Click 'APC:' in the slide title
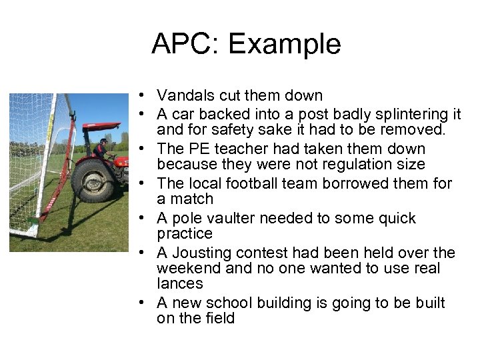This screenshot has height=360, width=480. coord(185,44)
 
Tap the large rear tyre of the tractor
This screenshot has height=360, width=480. coord(93,180)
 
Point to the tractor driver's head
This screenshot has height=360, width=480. coord(104,141)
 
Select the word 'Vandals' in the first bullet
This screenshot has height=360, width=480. coord(185,96)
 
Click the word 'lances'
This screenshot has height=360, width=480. coord(179,284)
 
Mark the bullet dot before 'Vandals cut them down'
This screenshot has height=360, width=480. coord(143,96)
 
